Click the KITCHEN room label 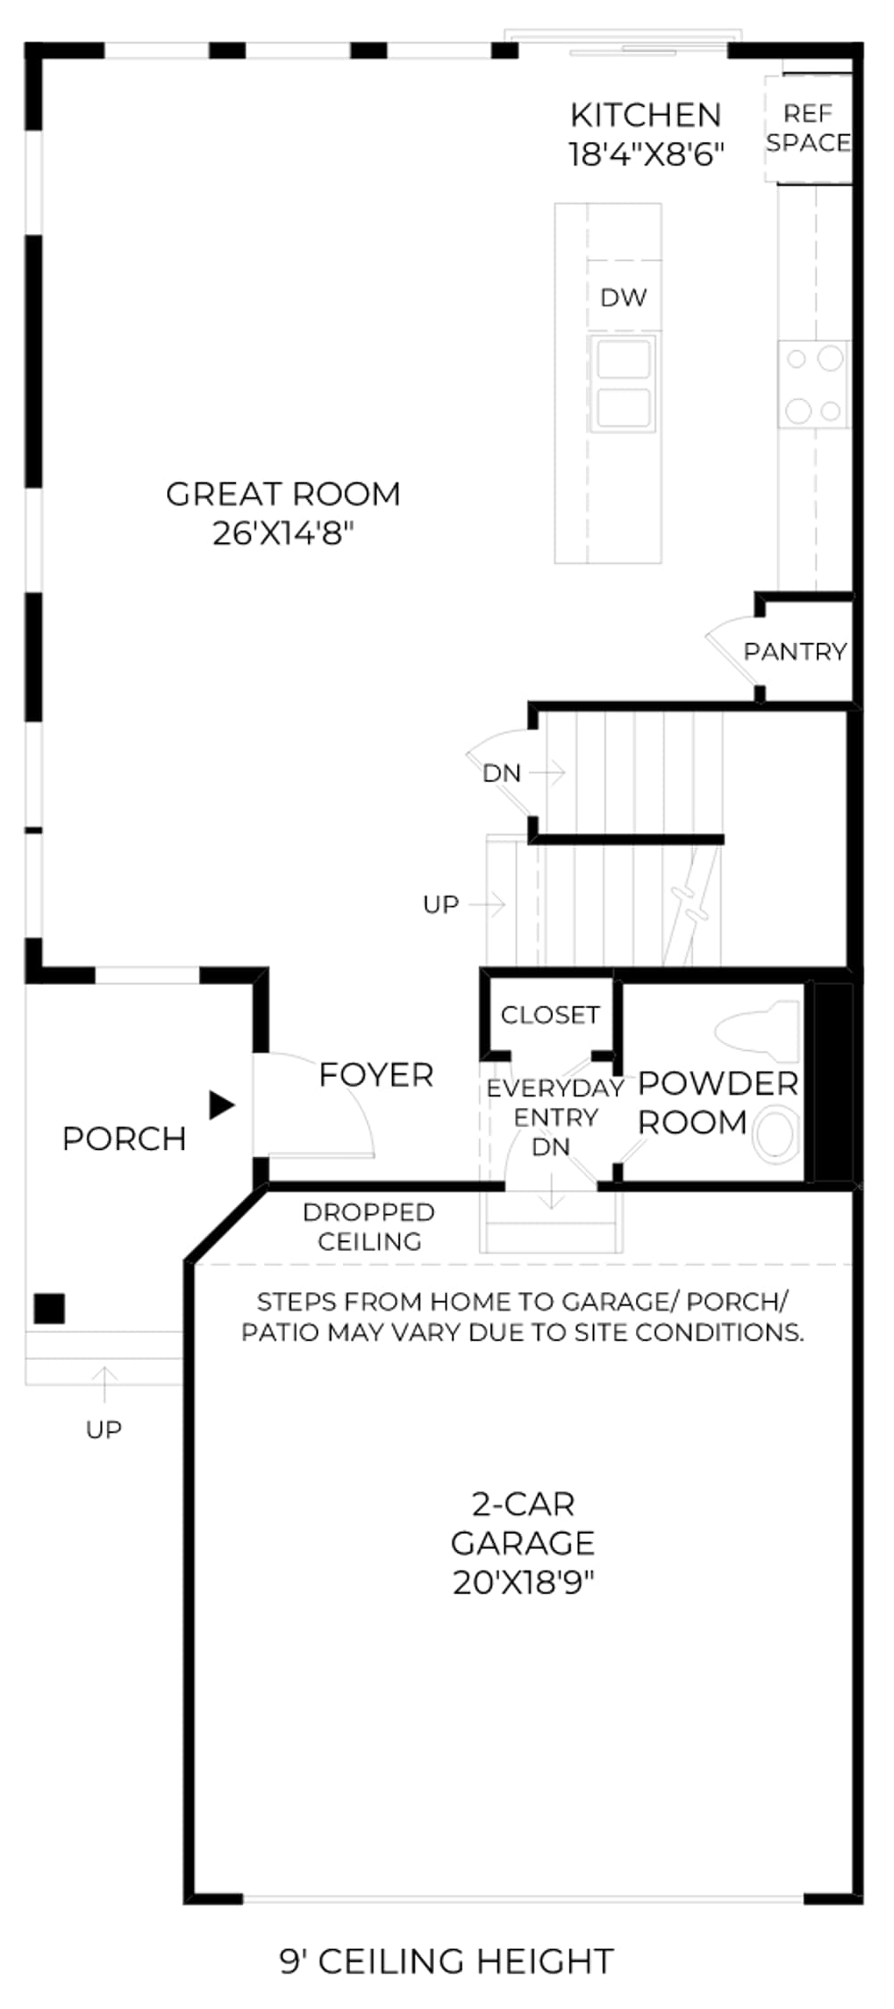[645, 115]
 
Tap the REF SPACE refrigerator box [807, 129]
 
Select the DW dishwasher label [623, 297]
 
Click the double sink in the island [623, 384]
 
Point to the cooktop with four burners [814, 385]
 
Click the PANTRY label [795, 651]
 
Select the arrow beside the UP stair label [488, 904]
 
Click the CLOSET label [550, 1014]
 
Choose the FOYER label [376, 1075]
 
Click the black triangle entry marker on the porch [221, 1105]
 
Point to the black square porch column [49, 1308]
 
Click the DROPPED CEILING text [369, 1227]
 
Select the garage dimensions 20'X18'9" [523, 1582]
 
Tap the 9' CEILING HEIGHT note [447, 1962]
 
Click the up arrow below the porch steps [104, 1384]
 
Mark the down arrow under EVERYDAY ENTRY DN [552, 1191]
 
